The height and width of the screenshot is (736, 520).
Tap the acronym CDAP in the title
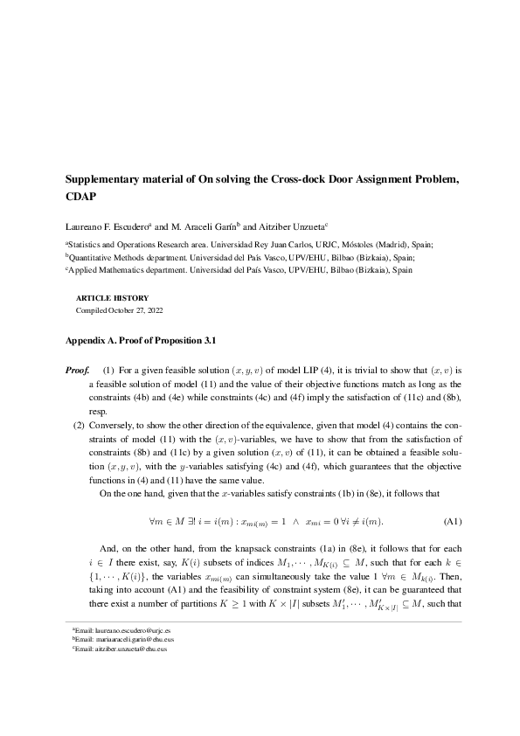coord(81,196)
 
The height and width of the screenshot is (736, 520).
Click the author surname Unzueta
coord(300,226)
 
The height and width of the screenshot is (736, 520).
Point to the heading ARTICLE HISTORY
coord(113,298)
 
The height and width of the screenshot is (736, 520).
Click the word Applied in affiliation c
coord(83,271)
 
